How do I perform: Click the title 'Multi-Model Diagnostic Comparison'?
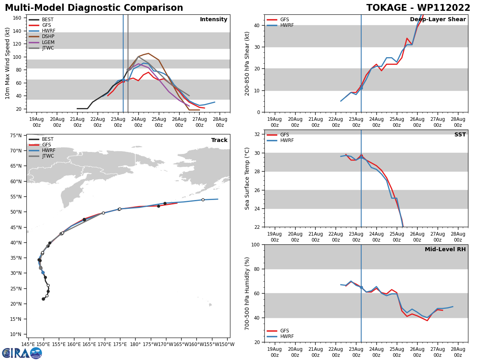[x=94, y=8]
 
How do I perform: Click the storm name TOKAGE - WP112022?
[x=418, y=8]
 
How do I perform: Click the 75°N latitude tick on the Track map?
[x=16, y=136]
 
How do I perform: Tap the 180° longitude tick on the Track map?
[x=135, y=344]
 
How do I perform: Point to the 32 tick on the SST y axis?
[x=258, y=134]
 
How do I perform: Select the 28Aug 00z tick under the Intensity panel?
[x=220, y=122]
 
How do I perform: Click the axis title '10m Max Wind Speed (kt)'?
[x=8, y=63]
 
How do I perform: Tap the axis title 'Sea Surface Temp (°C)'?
[x=247, y=178]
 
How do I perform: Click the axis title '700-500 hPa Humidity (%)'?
[x=247, y=293]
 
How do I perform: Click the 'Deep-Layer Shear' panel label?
[x=438, y=20]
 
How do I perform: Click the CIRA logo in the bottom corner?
[x=22, y=353]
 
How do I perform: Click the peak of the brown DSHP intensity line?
[x=148, y=53]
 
